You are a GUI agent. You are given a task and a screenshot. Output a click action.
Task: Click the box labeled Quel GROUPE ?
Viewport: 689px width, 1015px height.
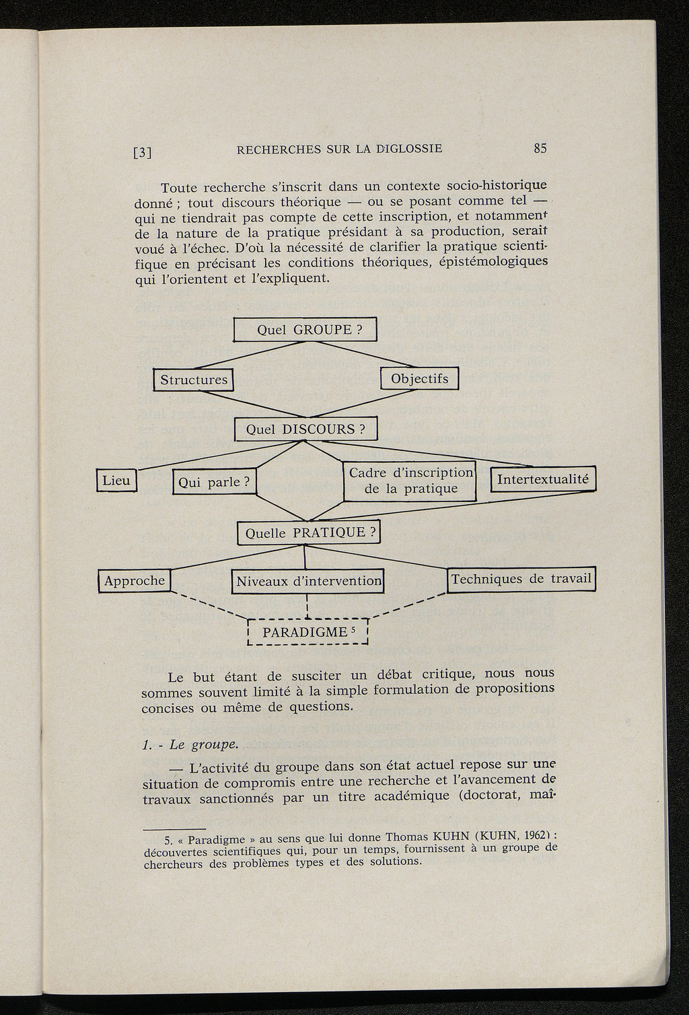(305, 330)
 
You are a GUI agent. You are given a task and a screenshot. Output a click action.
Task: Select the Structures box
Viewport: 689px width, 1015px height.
(194, 380)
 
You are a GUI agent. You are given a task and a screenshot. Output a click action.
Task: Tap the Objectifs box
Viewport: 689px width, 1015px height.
(419, 378)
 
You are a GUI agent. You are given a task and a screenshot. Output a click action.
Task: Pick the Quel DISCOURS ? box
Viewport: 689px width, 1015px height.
(305, 429)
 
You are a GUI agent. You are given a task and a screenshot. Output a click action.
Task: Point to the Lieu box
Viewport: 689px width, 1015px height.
(116, 481)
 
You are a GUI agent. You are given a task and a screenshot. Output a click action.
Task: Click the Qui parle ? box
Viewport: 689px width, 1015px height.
(215, 482)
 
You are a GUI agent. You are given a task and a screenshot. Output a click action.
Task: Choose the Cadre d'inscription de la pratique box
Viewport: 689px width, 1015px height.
(410, 481)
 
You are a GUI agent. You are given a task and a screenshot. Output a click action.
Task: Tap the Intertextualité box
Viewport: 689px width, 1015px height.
(543, 479)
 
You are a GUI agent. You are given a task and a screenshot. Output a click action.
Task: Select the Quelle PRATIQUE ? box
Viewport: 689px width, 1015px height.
(309, 533)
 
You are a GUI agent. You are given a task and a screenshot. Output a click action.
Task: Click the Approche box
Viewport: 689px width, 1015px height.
(135, 580)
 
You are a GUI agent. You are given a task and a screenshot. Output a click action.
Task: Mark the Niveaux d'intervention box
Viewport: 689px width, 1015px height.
(309, 581)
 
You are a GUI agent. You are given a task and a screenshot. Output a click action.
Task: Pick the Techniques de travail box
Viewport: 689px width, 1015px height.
(521, 579)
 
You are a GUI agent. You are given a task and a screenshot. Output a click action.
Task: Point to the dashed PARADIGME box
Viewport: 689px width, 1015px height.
(307, 632)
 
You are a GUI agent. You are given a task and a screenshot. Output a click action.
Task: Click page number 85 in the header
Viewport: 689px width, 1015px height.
(540, 149)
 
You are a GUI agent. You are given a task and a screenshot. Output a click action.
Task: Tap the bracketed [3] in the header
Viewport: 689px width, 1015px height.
(142, 152)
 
